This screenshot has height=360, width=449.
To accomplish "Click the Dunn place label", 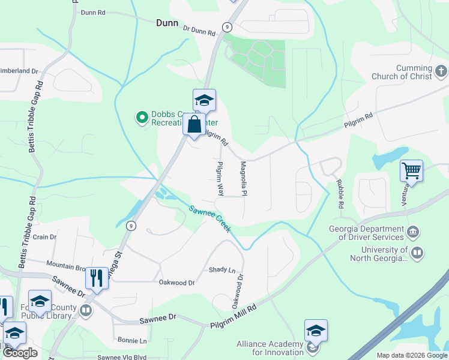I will (167, 23).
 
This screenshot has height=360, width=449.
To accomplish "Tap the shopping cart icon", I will (412, 170).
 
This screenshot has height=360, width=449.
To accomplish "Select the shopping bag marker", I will (194, 125).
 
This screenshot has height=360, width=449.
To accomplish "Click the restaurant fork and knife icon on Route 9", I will (97, 278).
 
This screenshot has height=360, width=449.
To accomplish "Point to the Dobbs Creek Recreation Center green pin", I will (142, 117).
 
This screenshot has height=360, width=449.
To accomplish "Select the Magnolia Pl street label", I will (244, 179).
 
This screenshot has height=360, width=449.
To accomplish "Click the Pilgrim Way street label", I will (220, 179).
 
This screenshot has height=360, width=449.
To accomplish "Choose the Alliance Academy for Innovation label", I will (270, 348).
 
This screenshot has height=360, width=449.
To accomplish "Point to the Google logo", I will (20, 353).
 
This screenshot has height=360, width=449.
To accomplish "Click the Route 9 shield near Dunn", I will (226, 26).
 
